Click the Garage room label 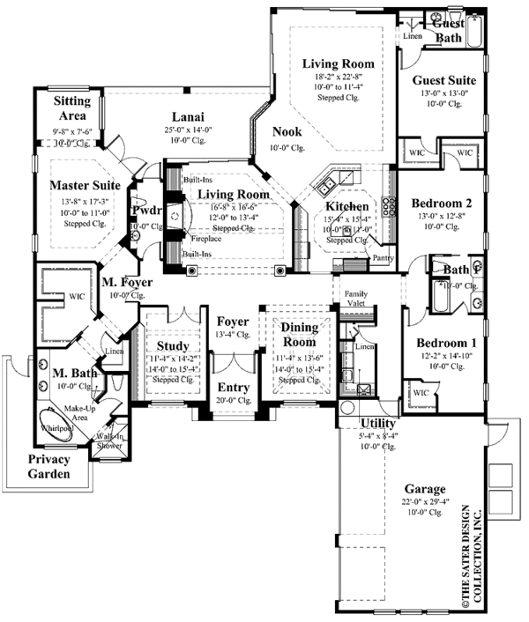[x=425, y=489]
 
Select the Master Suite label [x=85, y=186]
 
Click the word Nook [x=287, y=132]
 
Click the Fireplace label [x=205, y=238]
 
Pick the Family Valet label [x=356, y=297]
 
